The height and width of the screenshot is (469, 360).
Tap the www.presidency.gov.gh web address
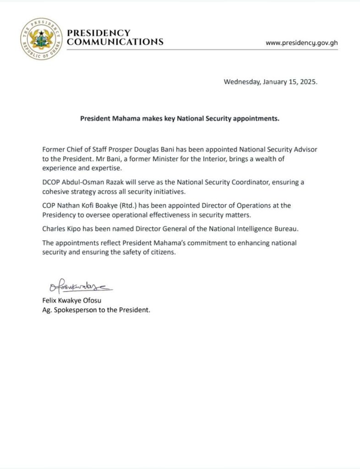pyautogui.click(x=302, y=43)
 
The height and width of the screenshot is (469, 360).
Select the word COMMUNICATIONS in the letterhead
pyautogui.click(x=115, y=42)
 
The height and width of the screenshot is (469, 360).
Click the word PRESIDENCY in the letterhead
pyautogui.click(x=98, y=33)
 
